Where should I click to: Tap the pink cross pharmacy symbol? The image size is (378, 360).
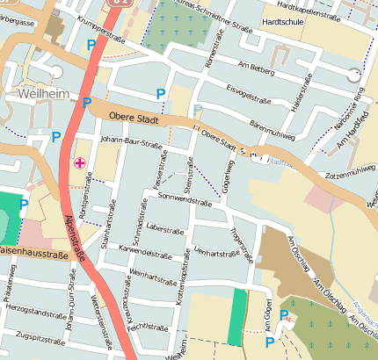[x=81, y=162]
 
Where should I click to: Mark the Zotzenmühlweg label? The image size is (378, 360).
[x=350, y=172]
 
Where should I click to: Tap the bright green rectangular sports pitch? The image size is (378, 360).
[x=235, y=316]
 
